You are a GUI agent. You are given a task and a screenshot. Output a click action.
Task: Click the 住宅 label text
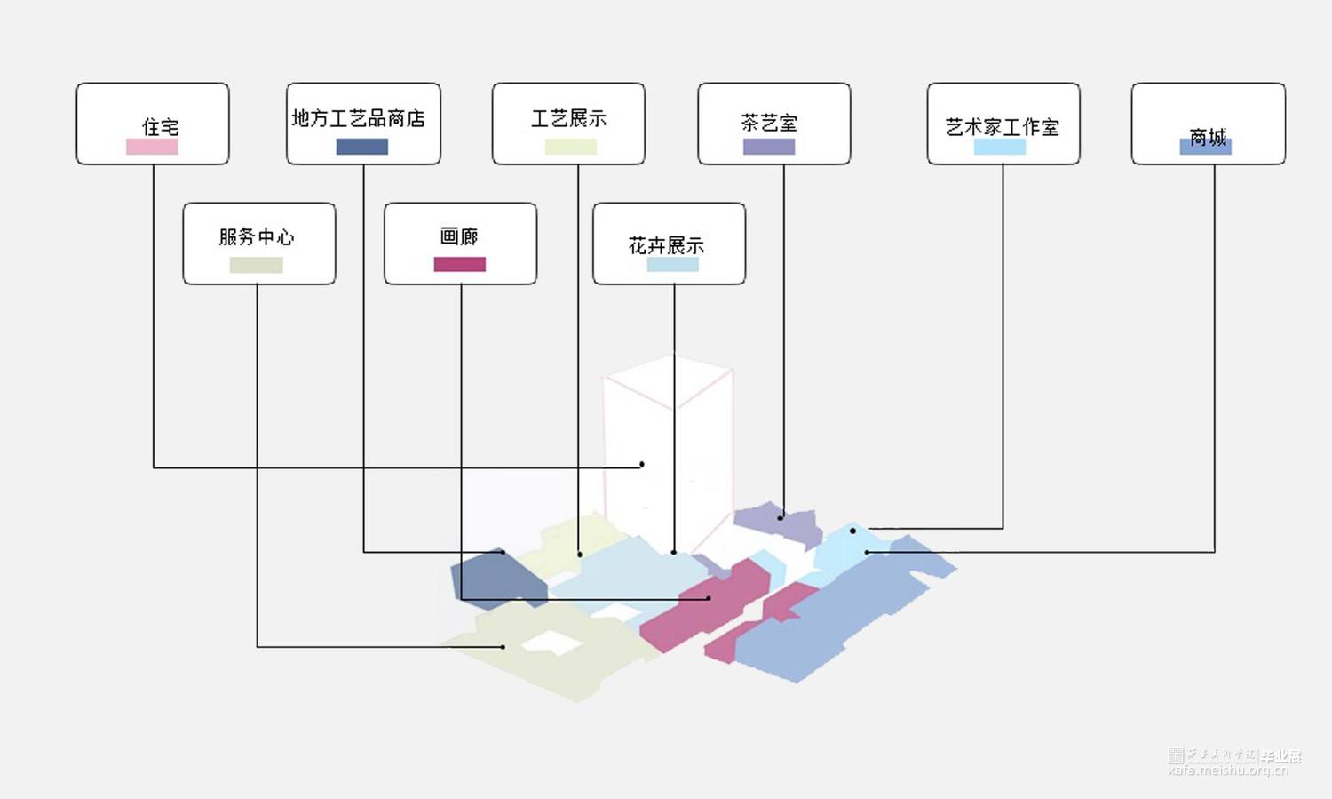[x=160, y=127]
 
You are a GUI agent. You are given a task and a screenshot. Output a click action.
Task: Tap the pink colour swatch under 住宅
[x=152, y=147]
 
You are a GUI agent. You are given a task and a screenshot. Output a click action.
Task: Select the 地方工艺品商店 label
[x=359, y=118]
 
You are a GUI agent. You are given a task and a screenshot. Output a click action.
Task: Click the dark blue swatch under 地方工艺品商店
[x=361, y=147]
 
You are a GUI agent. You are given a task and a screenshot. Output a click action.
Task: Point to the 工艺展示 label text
[x=568, y=118]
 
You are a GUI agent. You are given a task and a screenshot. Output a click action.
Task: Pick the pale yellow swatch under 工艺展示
[x=570, y=147]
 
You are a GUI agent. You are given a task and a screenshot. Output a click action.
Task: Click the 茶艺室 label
[x=769, y=123]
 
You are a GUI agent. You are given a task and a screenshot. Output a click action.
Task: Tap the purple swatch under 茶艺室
[x=769, y=147]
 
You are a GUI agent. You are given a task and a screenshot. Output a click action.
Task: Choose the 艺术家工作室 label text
[x=1003, y=127]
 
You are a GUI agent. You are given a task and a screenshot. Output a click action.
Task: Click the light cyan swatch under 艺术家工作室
[x=1000, y=147]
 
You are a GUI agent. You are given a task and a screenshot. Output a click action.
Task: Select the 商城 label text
[x=1208, y=136]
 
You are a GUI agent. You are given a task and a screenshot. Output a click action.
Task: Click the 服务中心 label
[x=257, y=236]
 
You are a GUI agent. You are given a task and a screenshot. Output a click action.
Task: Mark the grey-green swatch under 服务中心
[x=256, y=265]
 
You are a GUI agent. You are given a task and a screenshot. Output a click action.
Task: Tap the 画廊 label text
[x=459, y=236]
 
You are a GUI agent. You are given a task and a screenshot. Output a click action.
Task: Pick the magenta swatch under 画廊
[x=459, y=264]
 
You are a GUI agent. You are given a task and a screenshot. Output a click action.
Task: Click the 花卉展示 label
[x=666, y=245]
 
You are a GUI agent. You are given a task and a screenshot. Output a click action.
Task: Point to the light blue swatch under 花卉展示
[x=672, y=265]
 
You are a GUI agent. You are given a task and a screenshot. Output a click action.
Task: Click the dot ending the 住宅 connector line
[x=642, y=465]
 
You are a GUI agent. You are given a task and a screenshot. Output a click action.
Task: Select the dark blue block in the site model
[x=497, y=579]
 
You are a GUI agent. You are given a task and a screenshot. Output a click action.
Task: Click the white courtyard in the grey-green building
[x=551, y=643]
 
